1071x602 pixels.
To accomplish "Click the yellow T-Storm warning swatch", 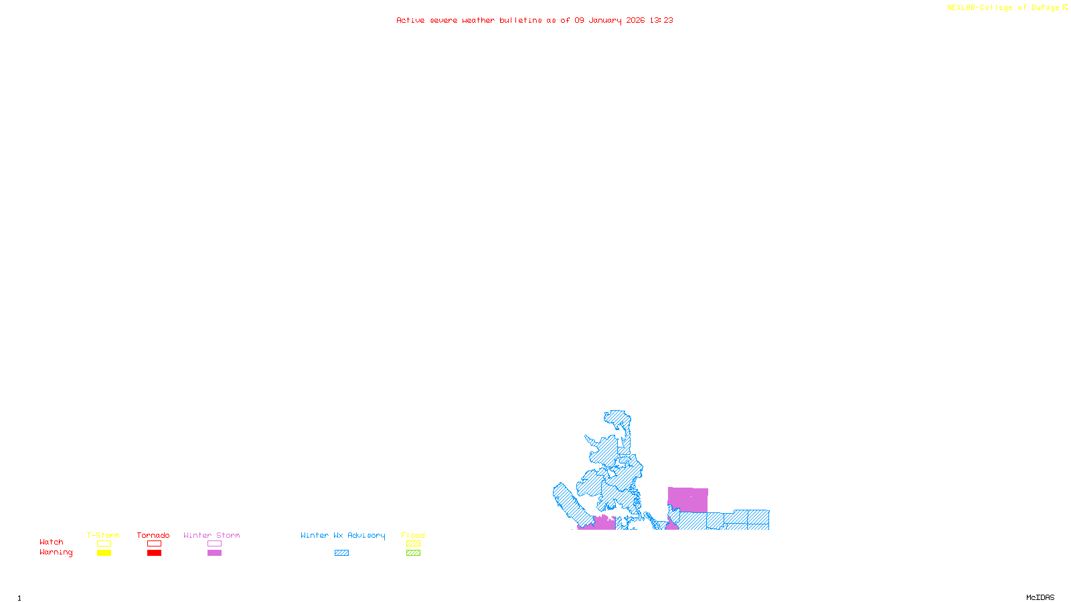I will pos(104,553).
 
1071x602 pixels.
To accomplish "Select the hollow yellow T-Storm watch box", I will pos(104,544).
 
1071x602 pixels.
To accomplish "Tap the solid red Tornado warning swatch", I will pos(154,553).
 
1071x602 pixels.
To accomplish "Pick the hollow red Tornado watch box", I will pos(154,544).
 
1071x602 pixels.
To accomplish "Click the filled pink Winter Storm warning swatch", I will pos(214,553).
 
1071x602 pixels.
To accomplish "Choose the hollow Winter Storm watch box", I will pos(214,544).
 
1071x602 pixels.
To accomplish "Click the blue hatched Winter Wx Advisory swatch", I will pos(341,553).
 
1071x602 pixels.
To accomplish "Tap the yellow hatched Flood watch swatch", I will pos(413,544).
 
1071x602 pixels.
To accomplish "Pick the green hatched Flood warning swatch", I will pos(413,553).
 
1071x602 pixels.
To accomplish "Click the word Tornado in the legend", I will pos(153,535).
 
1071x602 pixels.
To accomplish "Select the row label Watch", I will pos(52,542).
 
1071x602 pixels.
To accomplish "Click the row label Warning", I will pos(56,553).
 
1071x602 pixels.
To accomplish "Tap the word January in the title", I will pos(605,21).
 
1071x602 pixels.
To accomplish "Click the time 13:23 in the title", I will pos(661,21).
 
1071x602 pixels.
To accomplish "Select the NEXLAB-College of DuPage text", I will pos(1003,8).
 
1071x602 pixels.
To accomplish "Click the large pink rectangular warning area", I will pos(688,499).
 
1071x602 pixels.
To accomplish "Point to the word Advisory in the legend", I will pos(366,535).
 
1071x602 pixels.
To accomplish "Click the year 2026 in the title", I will pos(636,21).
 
